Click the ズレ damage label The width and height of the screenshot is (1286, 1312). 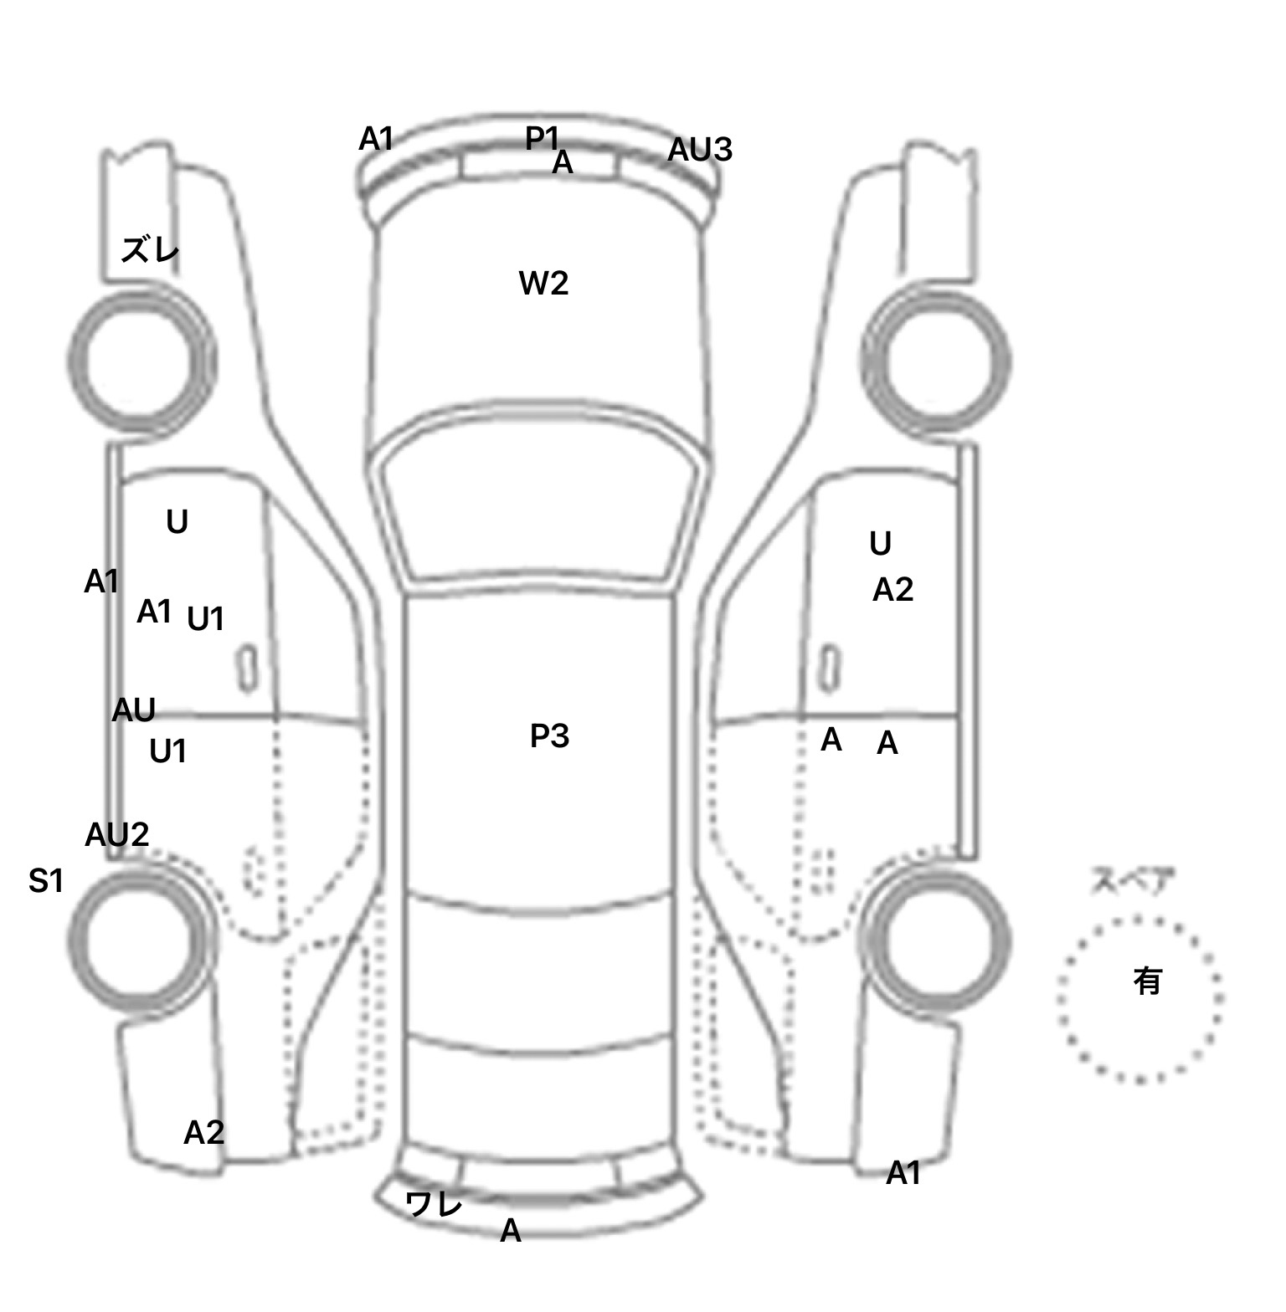(151, 249)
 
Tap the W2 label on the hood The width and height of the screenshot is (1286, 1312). (543, 284)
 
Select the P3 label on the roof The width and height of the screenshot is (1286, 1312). (549, 736)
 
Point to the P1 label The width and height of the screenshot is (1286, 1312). (542, 138)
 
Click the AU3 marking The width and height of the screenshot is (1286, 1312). (700, 151)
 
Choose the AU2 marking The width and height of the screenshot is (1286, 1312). (117, 834)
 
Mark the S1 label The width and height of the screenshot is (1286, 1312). (46, 880)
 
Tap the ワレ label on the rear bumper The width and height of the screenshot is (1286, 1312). (434, 1204)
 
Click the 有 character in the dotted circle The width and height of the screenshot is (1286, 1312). (1147, 981)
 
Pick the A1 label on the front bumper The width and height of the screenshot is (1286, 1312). (376, 139)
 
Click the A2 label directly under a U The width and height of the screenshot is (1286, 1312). (892, 591)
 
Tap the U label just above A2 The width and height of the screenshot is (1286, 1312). (880, 544)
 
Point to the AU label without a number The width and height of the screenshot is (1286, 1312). (134, 710)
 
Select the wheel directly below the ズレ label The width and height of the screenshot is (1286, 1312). (140, 360)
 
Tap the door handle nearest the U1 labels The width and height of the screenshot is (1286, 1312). (247, 668)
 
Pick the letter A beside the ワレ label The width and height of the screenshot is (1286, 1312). (511, 1231)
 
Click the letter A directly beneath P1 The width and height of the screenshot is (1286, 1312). (563, 162)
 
